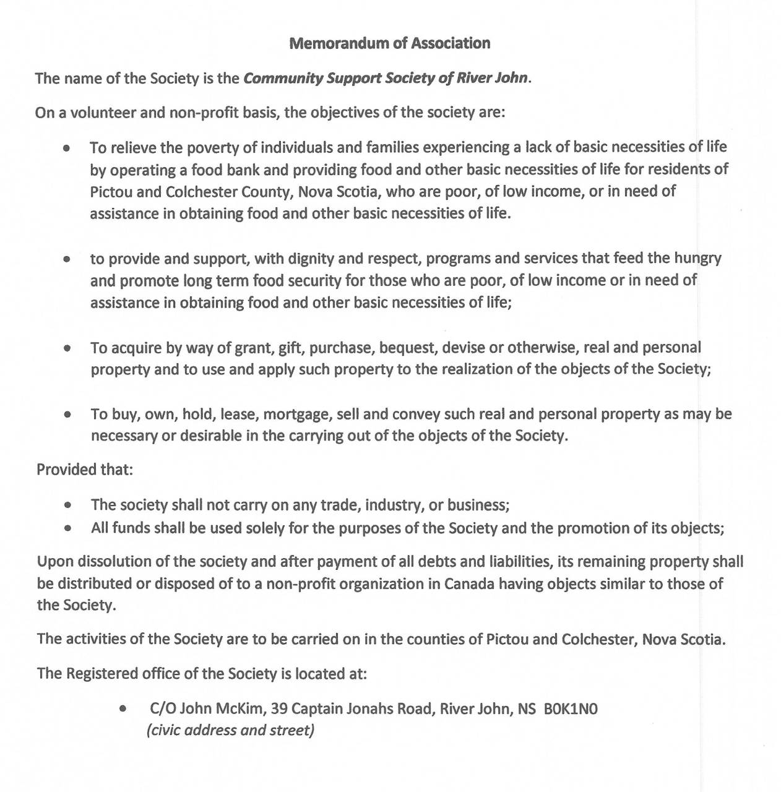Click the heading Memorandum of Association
tap(390, 43)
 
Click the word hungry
tap(697, 258)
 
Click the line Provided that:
tap(85, 470)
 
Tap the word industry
tap(393, 505)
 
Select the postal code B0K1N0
tap(571, 708)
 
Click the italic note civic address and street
tap(230, 730)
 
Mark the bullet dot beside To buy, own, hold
tap(67, 415)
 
